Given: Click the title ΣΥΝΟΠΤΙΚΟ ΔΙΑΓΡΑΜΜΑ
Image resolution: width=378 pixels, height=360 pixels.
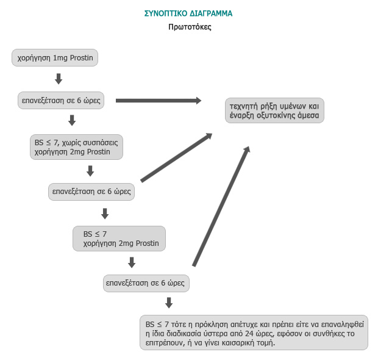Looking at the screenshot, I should [x=188, y=13].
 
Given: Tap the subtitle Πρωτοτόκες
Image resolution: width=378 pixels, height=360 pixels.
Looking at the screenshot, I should [x=190, y=27].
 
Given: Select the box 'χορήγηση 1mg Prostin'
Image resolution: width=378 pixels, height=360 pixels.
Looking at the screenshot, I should [x=55, y=58].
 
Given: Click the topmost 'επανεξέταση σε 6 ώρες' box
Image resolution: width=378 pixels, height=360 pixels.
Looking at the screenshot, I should [x=60, y=99].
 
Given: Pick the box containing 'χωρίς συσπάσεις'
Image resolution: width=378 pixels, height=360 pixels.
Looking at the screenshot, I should [x=76, y=146].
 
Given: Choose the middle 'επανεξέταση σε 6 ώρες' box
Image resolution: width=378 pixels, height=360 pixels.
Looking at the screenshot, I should [x=91, y=191].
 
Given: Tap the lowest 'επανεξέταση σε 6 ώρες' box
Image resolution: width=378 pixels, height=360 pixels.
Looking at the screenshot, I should [x=146, y=283].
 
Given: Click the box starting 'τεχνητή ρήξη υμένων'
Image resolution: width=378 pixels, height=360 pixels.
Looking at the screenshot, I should [x=274, y=110].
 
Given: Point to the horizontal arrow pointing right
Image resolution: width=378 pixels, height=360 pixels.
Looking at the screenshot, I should [x=159, y=100].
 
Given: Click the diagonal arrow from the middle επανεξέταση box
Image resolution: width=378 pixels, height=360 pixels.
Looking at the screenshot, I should [x=177, y=157].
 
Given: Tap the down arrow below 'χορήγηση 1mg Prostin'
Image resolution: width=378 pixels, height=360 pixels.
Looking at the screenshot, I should [x=59, y=79].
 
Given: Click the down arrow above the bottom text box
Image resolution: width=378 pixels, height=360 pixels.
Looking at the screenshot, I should [x=169, y=303].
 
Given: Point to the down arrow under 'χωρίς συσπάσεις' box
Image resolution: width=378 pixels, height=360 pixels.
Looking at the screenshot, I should [x=90, y=170].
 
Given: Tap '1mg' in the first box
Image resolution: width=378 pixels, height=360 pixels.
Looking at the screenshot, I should [x=60, y=58].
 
